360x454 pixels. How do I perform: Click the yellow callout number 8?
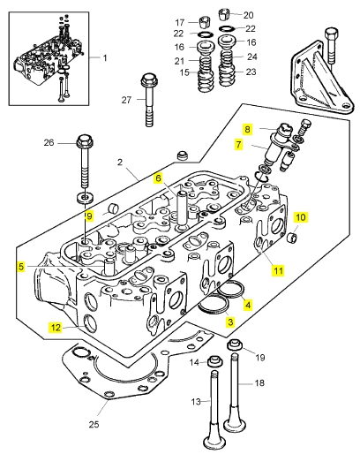point(247,129)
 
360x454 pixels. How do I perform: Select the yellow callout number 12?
point(56,327)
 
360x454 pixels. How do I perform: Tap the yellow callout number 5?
point(21,267)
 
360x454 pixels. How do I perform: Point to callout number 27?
point(126,100)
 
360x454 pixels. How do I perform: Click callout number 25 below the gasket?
point(94,424)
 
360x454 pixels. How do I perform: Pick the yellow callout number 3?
point(230,322)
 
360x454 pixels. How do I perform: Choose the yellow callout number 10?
point(300,217)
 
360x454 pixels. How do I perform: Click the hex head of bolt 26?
point(85,140)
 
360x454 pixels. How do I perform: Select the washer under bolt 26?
point(86,197)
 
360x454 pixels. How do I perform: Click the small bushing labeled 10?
point(292,236)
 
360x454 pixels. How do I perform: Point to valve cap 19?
point(235,344)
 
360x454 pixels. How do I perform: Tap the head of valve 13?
point(214,442)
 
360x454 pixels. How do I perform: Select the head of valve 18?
point(235,424)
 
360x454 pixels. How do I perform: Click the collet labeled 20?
point(224,14)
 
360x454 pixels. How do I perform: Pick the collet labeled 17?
point(204,22)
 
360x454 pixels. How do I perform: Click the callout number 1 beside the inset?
point(105,58)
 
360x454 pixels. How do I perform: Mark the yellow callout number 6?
point(158,178)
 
